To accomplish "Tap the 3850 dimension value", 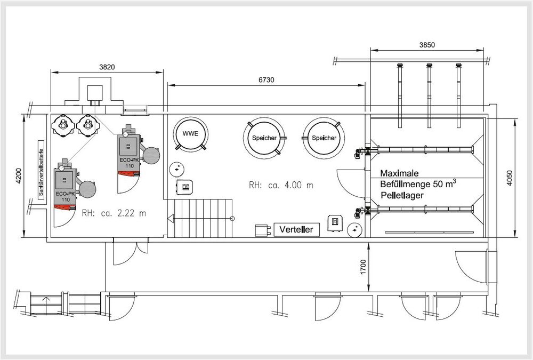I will tap(427, 45).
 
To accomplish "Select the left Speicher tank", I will tap(261, 138).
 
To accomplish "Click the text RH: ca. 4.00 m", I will tap(280, 186).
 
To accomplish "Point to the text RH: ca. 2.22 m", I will tap(114, 213).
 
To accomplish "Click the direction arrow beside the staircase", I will tap(171, 218).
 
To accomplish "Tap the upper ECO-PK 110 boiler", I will tap(128, 152).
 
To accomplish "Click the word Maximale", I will tap(400, 174).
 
